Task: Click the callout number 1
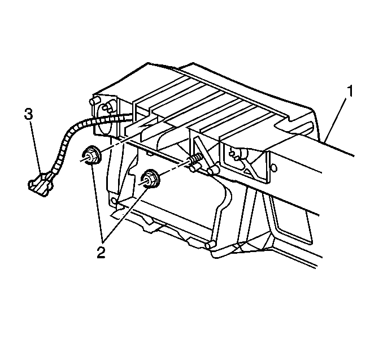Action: pyautogui.click(x=350, y=91)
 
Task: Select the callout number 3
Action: pyautogui.click(x=28, y=114)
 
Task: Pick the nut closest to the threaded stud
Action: pyautogui.click(x=151, y=179)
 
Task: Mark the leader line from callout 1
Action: pyautogui.click(x=336, y=119)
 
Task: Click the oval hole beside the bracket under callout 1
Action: pyautogui.click(x=275, y=168)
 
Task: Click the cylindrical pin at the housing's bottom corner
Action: pyautogui.click(x=210, y=244)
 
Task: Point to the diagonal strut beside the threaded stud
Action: pyautogui.click(x=204, y=154)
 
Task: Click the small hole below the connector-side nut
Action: pyautogui.click(x=114, y=201)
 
